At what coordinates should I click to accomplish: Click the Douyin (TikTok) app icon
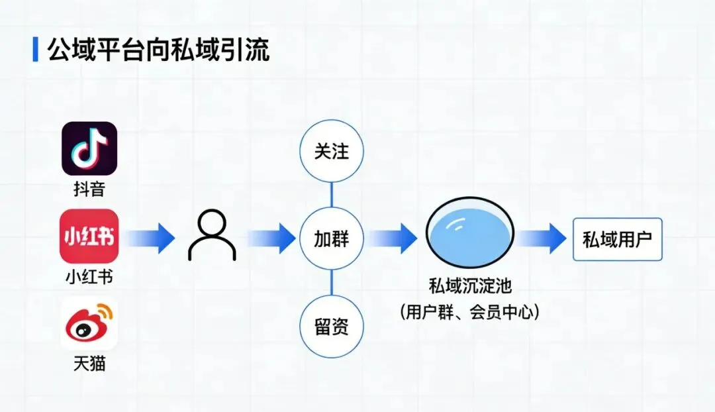tap(89, 148)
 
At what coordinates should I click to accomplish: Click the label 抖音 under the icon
tap(89, 189)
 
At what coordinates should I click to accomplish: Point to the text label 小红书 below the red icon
tap(89, 276)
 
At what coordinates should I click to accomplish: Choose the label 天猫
tap(89, 364)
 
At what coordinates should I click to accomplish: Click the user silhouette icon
tap(212, 237)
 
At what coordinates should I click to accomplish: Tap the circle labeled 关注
tap(331, 151)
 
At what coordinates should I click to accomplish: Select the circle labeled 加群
tap(331, 238)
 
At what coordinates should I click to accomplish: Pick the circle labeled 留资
tap(331, 327)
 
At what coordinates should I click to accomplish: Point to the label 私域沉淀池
tap(470, 287)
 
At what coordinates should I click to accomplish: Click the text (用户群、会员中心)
tap(470, 311)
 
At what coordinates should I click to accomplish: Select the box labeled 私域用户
tap(617, 238)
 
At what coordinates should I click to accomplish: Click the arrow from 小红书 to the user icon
tap(151, 238)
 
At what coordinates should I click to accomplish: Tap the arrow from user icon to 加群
tap(271, 238)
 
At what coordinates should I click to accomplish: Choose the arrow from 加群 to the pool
tap(392, 238)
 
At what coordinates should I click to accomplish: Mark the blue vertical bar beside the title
tap(35, 50)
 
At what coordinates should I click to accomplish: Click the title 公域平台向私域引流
tap(159, 50)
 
